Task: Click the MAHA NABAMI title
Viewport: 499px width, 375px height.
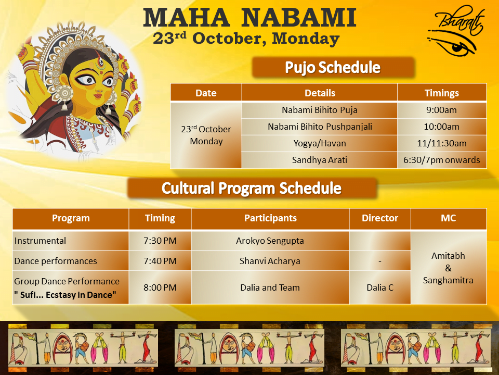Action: point(249,18)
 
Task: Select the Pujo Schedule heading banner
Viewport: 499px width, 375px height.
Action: point(333,67)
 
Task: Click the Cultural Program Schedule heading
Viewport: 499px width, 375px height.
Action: point(252,188)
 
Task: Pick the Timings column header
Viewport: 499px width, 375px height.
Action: point(442,93)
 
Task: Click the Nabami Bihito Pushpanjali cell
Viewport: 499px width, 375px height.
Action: point(320,127)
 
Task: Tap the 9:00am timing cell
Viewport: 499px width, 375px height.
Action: point(442,110)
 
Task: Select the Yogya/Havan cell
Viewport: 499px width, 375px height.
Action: point(320,143)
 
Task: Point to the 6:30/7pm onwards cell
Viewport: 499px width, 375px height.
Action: point(442,160)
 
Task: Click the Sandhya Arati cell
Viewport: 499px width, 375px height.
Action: point(320,160)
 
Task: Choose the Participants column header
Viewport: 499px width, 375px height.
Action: point(270,218)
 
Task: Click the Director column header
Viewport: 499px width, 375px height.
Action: point(380,218)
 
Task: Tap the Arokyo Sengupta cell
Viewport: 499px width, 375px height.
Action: point(270,241)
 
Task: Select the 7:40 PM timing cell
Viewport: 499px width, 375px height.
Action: point(160,261)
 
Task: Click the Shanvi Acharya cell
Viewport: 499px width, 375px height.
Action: point(270,261)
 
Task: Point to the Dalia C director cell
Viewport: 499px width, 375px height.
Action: point(380,287)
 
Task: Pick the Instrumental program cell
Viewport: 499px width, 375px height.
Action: point(71,241)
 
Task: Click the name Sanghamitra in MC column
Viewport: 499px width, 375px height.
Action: point(448,280)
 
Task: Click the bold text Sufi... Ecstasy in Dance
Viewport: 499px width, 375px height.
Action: point(65,295)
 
